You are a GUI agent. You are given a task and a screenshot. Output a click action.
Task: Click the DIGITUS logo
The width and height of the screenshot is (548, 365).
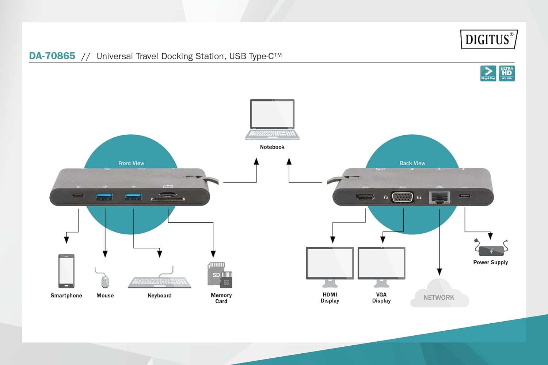coord(489,39)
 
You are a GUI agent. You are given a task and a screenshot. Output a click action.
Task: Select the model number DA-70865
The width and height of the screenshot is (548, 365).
coord(52,56)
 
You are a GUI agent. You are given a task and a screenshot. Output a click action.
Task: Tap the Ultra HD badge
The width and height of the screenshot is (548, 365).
coord(507,73)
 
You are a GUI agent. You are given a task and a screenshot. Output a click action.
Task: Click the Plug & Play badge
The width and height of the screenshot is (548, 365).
coord(488,73)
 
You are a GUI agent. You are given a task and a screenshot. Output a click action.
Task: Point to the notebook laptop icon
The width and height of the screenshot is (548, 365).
coord(272,120)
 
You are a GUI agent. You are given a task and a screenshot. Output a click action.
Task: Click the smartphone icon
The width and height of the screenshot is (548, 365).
coord(66,271)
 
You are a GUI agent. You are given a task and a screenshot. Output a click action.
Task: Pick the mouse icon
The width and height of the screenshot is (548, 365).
coord(105,281)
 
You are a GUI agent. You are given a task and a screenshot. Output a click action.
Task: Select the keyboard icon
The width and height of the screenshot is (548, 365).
coord(159,282)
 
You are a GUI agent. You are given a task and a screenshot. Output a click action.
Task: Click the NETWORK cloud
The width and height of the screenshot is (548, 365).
coord(439,295)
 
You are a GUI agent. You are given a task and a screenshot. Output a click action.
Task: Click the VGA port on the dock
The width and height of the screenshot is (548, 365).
coord(402,197)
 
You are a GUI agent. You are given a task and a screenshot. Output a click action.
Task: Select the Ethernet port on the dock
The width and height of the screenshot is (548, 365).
coord(439,197)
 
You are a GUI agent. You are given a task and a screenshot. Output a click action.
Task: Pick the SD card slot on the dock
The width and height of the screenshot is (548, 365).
coord(168,199)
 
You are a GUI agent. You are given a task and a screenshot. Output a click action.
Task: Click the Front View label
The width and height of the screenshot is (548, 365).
coord(131,163)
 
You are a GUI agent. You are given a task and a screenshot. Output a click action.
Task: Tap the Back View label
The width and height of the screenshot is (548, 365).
coord(412,163)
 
